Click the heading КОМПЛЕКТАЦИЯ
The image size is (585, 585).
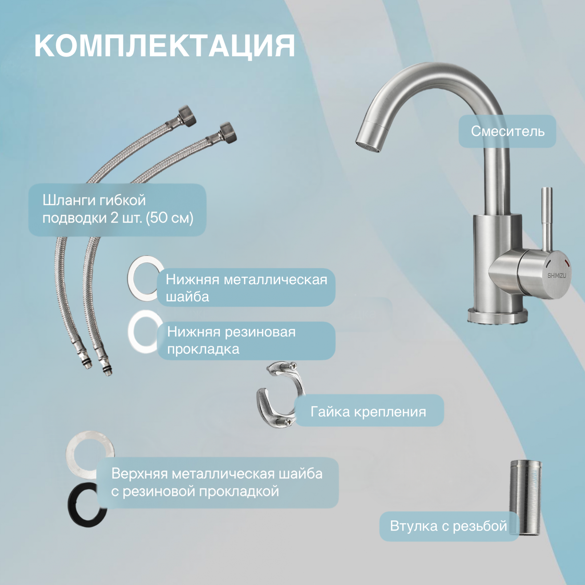point(164,46)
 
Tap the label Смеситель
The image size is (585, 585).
point(507,131)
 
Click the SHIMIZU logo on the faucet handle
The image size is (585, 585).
point(557,276)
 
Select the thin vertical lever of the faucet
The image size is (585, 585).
point(547,220)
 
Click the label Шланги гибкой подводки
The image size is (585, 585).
point(118,209)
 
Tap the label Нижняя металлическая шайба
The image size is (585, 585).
point(246,288)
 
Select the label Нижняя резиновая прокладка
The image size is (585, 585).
point(231,341)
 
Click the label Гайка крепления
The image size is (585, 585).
point(368,412)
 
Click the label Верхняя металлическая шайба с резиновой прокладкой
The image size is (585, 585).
point(217,482)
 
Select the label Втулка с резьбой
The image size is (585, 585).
point(448,526)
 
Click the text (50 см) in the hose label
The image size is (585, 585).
point(170,218)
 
